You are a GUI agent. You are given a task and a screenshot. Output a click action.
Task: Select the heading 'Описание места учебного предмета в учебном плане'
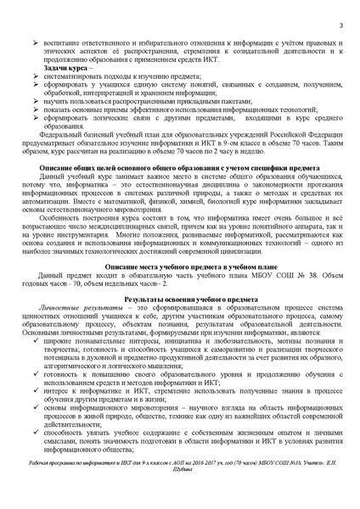180,266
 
